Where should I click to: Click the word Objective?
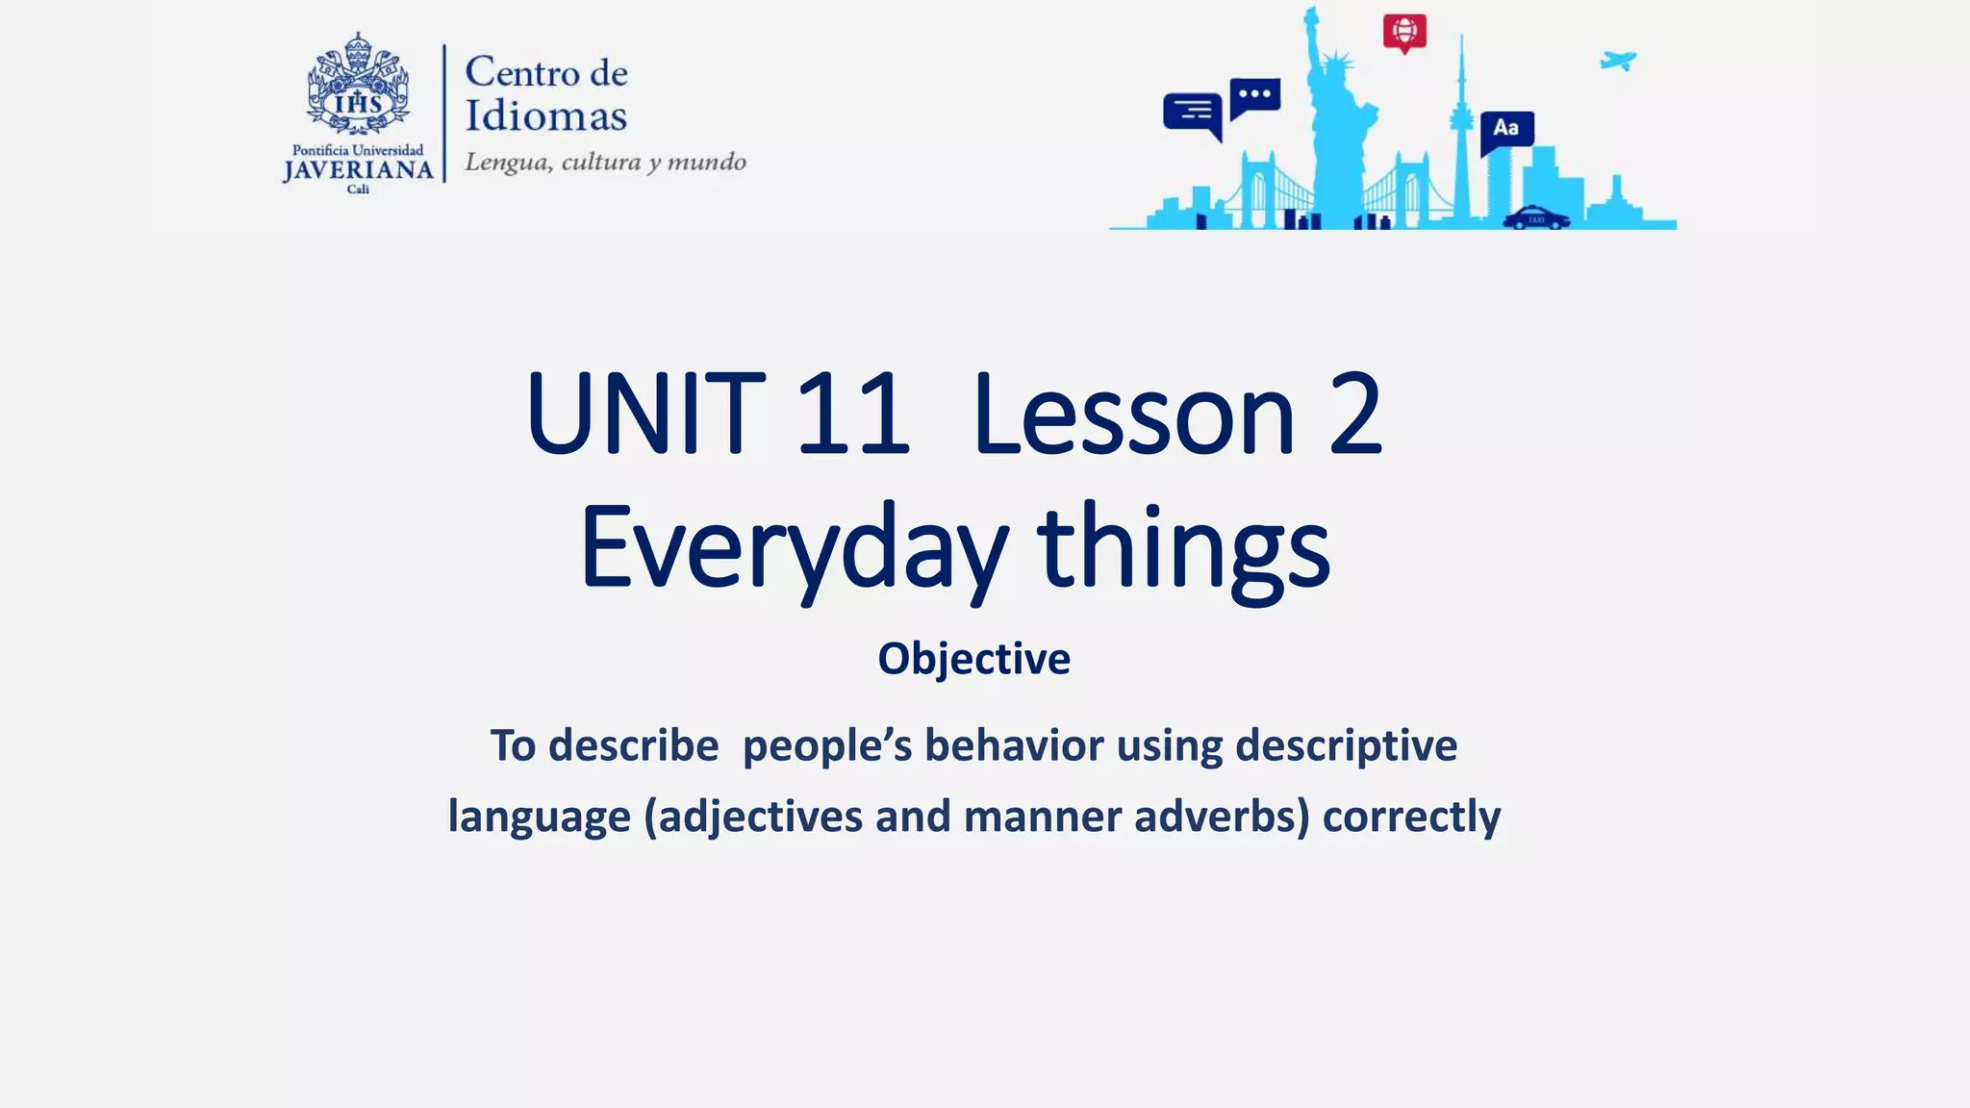tap(973, 660)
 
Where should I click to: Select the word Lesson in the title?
tap(1134, 415)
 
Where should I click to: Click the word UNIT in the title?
tap(645, 415)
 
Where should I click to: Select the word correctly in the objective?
tap(1411, 817)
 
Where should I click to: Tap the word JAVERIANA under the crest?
tap(358, 171)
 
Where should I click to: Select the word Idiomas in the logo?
tap(546, 117)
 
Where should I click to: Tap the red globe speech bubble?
tap(1404, 32)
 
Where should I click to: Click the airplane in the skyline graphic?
tap(1618, 61)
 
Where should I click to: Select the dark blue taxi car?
tap(1536, 217)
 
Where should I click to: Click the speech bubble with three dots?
tap(1254, 95)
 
